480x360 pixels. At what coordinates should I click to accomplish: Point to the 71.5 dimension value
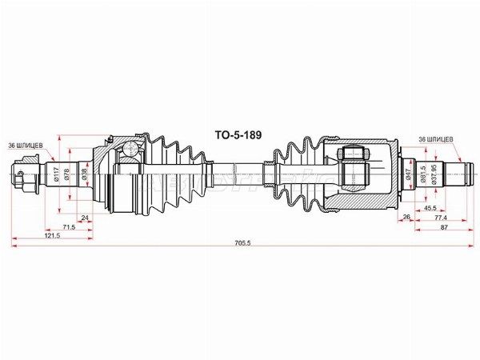point(69,227)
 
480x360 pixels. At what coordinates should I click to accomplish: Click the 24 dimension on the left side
point(85,218)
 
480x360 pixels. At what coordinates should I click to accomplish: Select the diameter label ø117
point(56,174)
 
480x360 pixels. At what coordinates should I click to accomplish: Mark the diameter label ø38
point(83,174)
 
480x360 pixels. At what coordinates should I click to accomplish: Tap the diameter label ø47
point(409,174)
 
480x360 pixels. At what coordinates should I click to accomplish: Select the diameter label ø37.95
point(434,174)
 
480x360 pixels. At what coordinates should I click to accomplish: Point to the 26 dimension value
point(406,218)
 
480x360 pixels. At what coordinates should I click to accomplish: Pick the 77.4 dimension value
point(440,218)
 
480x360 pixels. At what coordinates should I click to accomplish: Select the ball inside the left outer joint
point(129,148)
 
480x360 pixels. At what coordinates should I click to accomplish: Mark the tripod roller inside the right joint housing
point(352,152)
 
